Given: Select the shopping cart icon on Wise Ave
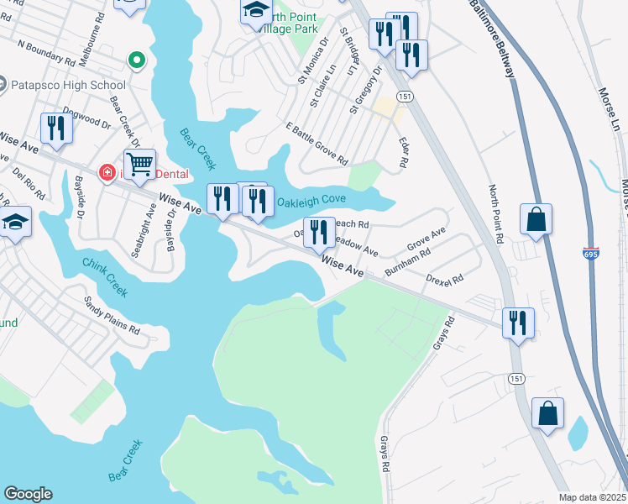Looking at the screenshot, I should click(139, 165).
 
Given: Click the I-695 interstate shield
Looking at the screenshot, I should click(589, 252).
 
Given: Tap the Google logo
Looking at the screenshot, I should click(28, 494).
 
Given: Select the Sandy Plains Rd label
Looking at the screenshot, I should click(112, 314).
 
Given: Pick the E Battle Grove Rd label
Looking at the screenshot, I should click(317, 143).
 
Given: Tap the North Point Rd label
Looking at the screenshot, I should click(498, 214).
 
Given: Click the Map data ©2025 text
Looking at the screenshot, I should click(592, 496).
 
